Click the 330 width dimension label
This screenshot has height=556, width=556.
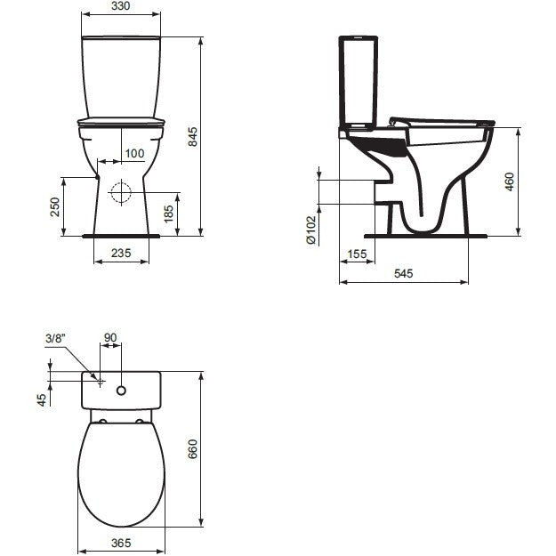[121, 6]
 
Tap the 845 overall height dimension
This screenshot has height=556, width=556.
[192, 136]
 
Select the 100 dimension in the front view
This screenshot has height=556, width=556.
[134, 154]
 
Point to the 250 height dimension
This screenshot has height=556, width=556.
[55, 207]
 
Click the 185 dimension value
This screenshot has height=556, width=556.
[168, 214]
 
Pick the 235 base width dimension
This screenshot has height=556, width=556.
[121, 254]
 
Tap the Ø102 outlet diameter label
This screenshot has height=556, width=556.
[310, 230]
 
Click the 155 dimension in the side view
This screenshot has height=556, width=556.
[357, 254]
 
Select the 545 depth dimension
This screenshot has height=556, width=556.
[404, 273]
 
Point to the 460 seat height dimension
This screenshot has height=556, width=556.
[509, 181]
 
